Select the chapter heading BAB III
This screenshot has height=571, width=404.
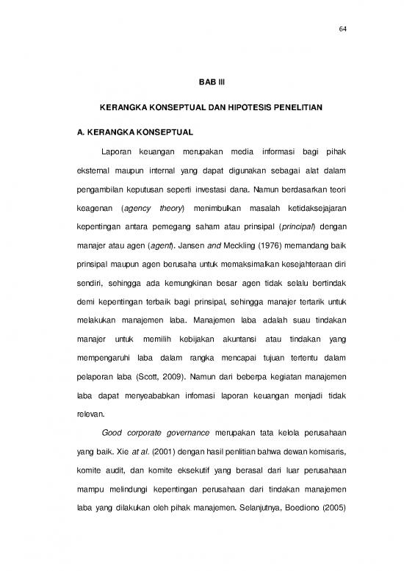(x=202, y=83)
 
